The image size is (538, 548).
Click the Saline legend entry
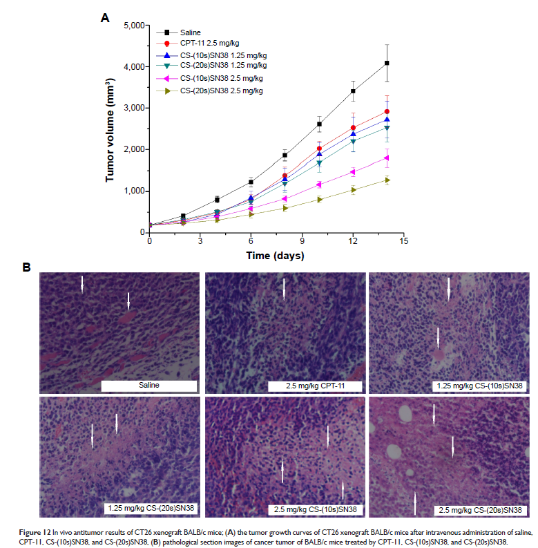(190, 32)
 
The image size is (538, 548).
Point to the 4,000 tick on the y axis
(128, 67)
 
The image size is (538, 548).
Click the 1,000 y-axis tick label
(128, 191)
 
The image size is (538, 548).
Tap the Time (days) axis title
(275, 256)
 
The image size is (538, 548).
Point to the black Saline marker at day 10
(319, 124)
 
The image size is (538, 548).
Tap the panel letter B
(26, 266)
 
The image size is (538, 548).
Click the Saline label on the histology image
(149, 386)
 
